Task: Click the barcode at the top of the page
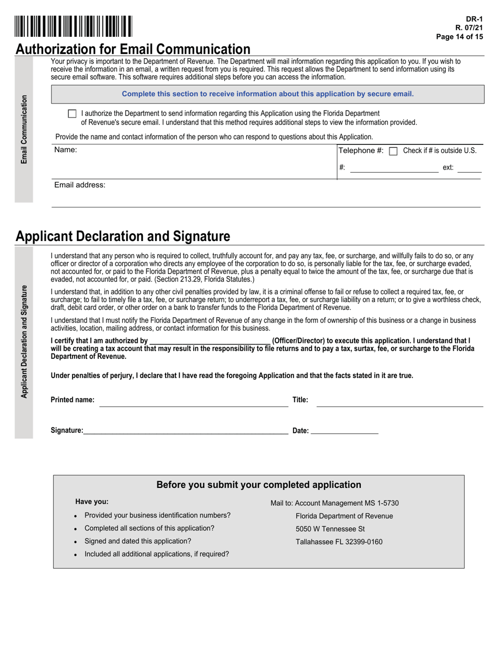74,26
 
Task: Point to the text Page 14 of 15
460,37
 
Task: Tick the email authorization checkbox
72,113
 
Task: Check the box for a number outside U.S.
393,151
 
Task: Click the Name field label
66,150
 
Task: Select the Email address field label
80,185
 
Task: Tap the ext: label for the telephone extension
448,168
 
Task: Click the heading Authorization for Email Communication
133,49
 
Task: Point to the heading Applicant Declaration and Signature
123,236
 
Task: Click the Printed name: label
72,400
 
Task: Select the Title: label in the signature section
300,400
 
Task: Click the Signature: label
67,431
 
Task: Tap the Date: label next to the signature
300,431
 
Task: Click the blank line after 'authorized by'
210,341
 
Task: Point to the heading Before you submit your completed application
259,485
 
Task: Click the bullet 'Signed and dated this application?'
138,541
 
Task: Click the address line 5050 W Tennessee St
330,529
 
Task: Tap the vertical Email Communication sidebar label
24,129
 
